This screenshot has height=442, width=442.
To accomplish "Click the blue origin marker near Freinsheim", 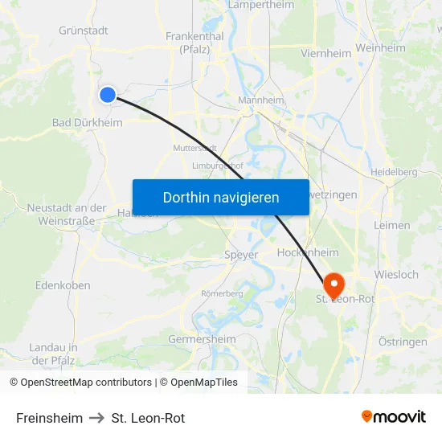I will (108, 95).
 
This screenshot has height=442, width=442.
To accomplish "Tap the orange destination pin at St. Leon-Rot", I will (334, 284).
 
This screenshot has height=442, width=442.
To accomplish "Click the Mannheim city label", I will (261, 100).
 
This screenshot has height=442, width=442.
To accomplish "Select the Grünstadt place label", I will (84, 31).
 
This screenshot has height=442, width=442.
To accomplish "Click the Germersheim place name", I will (203, 339).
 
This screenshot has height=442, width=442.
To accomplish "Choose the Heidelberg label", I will (394, 172).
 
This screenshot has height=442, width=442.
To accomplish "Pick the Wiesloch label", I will (397, 274).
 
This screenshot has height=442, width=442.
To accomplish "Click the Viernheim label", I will (325, 53).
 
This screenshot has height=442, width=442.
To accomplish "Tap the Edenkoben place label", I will (63, 285).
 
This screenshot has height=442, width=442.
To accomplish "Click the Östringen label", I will (403, 342).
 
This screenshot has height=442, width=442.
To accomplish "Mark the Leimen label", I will (392, 225).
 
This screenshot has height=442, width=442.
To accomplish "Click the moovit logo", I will (394, 417).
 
